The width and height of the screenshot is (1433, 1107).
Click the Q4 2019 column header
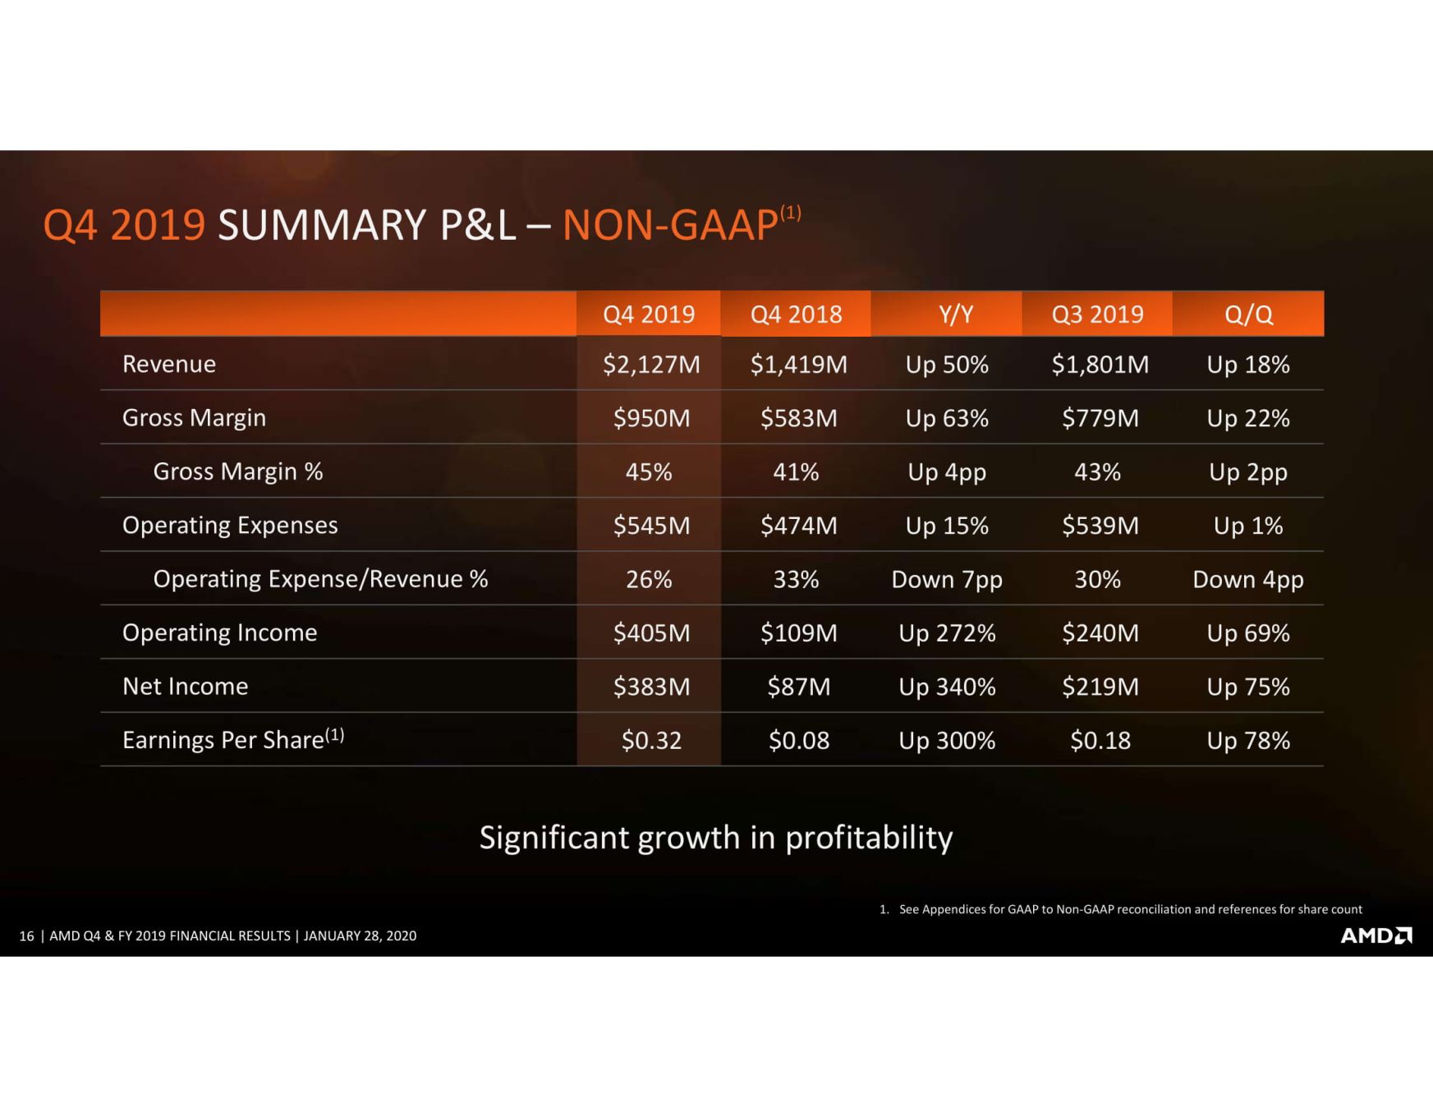click(648, 314)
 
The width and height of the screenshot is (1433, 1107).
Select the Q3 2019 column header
click(1097, 314)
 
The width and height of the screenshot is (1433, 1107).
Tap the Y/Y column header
click(955, 314)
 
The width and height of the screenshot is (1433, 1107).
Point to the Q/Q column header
click(1247, 314)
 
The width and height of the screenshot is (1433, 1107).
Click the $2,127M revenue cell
click(651, 364)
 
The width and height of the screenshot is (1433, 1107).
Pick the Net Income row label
click(185, 686)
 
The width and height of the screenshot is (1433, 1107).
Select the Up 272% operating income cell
click(947, 632)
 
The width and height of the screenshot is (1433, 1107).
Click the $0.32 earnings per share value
click(651, 740)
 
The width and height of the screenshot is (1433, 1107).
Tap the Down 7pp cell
click(947, 579)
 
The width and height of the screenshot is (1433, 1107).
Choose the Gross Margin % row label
click(237, 471)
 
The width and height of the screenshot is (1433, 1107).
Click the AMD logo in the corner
click(1376, 935)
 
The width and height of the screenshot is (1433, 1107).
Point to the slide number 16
click(26, 936)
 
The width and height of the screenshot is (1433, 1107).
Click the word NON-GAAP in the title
click(670, 225)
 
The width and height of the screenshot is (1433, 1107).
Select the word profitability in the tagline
click(869, 838)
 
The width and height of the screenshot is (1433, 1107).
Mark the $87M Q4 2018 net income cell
click(798, 686)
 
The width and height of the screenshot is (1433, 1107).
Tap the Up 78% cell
click(1247, 740)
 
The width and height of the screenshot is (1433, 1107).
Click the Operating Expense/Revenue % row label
click(320, 579)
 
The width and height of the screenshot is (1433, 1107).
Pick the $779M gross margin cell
click(1100, 418)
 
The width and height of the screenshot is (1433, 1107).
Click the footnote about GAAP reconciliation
click(1129, 909)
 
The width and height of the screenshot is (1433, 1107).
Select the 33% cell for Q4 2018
click(796, 579)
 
